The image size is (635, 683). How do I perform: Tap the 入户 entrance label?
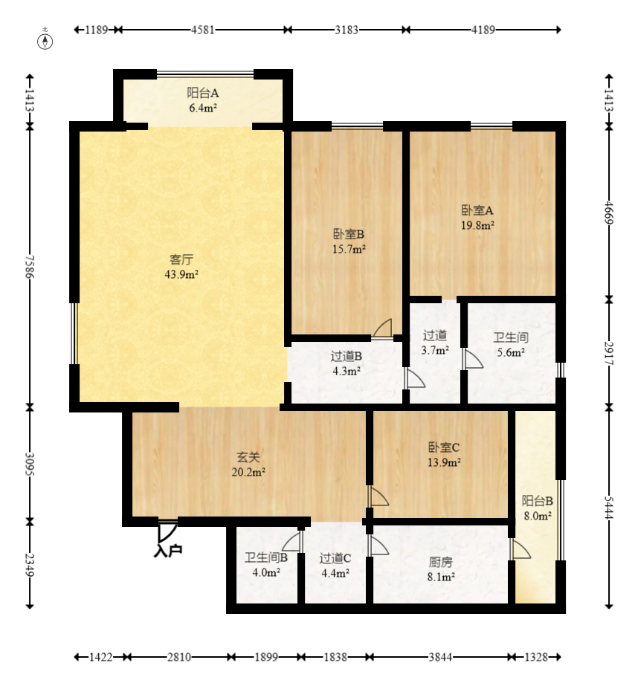pos(168,551)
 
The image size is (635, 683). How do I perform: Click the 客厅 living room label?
pos(181,259)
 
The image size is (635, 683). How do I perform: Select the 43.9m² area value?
pos(181,274)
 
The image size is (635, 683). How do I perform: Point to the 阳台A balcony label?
pos(203,93)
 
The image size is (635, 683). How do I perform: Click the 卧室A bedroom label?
pos(477,210)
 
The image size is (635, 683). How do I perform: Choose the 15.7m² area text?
pos(349,249)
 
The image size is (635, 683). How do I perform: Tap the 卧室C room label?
pos(444,447)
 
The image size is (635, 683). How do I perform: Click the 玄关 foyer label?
pos(248,457)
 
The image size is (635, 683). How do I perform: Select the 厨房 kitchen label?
pos(441,562)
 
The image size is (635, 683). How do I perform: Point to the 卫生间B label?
pos(266,557)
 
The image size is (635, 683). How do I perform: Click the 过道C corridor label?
pos(335,558)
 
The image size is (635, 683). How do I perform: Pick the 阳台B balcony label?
pos(538,501)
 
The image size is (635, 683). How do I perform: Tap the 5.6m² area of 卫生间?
pos(511,352)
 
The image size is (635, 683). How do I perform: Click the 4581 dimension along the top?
pos(203,30)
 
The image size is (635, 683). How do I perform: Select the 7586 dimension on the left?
pos(30,266)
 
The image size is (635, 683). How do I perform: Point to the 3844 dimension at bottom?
pos(440,657)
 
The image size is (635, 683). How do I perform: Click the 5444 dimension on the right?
pos(609,508)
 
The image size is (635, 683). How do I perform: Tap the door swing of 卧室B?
pos(384,327)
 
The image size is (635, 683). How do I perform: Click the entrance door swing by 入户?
pos(168,532)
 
